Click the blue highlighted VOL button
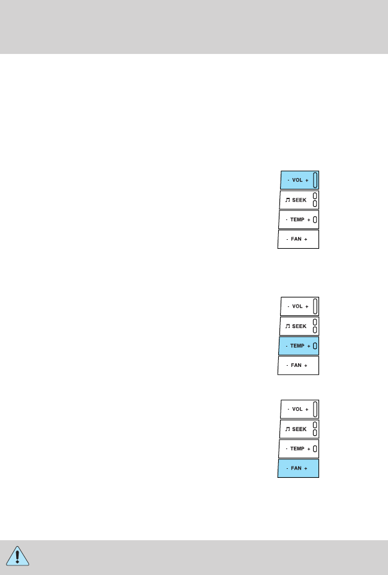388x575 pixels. point(299,180)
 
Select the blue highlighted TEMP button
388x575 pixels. point(298,346)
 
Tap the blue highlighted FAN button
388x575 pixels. point(298,468)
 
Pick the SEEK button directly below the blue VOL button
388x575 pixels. point(299,200)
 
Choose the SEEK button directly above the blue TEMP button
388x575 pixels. point(299,326)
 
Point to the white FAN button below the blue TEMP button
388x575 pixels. point(298,365)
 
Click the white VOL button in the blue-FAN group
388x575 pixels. point(299,409)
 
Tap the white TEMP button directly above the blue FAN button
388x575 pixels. point(298,448)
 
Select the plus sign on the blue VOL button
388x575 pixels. point(307,180)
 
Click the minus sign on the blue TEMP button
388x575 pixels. point(288,346)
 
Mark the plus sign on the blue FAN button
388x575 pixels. point(305,468)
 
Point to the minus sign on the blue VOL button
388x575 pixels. point(288,180)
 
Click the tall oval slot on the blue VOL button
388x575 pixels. point(315,180)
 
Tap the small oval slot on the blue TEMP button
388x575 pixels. point(315,346)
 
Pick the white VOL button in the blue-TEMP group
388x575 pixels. point(299,306)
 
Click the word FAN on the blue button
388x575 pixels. point(296,468)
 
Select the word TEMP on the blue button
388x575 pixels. point(297,346)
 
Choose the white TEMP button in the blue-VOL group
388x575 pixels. point(298,219)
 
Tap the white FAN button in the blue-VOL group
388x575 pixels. point(298,239)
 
